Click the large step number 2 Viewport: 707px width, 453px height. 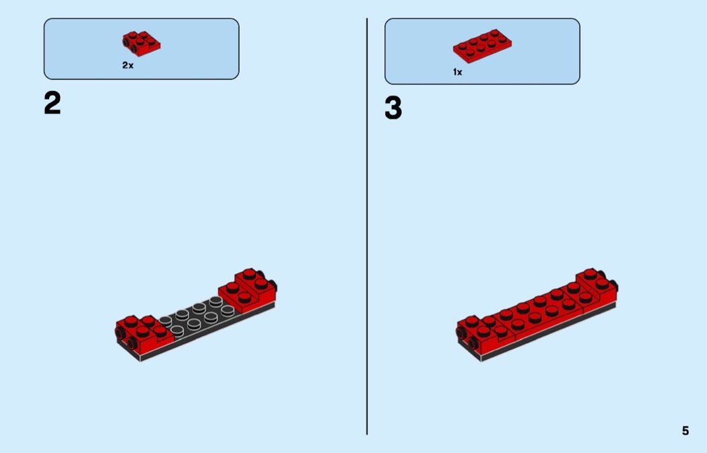click(x=53, y=103)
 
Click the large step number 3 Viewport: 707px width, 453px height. click(x=393, y=108)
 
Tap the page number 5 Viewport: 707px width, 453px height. click(x=685, y=431)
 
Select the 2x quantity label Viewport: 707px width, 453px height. click(x=128, y=65)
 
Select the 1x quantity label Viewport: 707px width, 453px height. click(x=458, y=72)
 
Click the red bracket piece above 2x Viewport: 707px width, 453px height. click(x=141, y=44)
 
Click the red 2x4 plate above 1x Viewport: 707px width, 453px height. click(x=483, y=46)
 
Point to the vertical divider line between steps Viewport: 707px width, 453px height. click(x=367, y=226)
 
